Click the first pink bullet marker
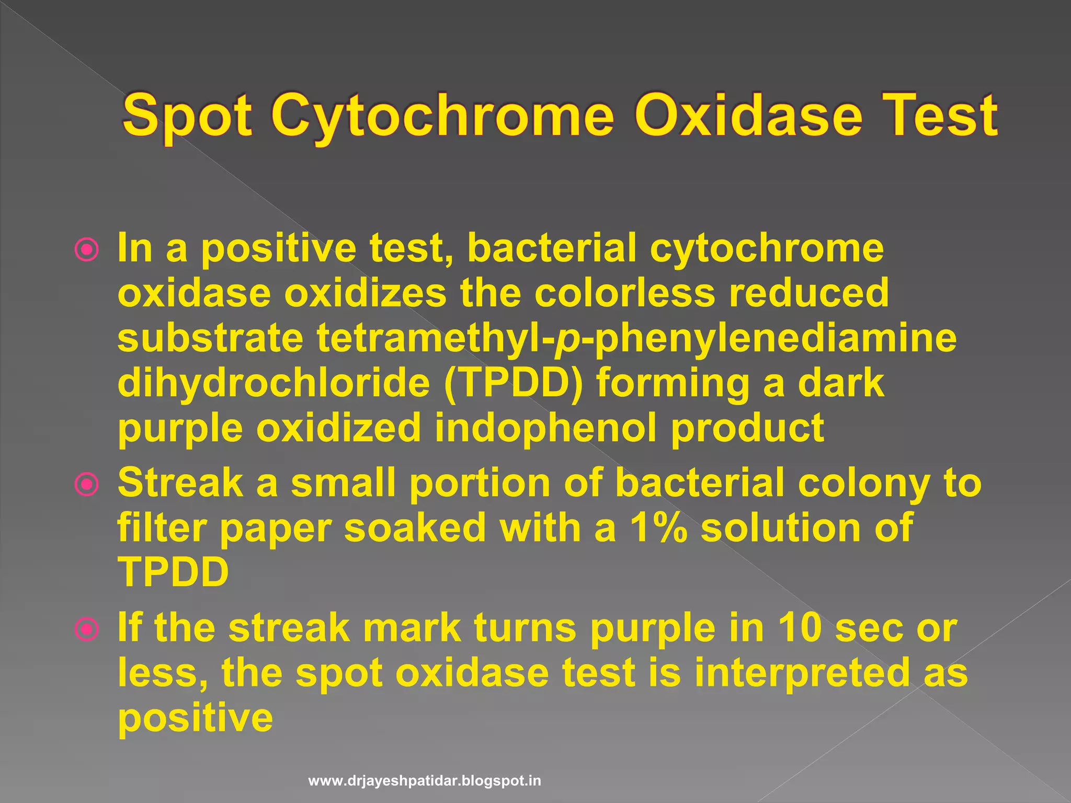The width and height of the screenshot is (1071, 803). point(86,250)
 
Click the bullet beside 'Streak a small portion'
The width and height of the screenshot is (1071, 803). point(86,485)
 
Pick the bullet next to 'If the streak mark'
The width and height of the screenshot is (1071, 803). point(86,629)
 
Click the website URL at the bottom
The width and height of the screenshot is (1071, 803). point(425,781)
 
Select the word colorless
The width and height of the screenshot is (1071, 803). point(624,293)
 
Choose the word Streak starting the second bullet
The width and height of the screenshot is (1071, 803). point(180,483)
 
